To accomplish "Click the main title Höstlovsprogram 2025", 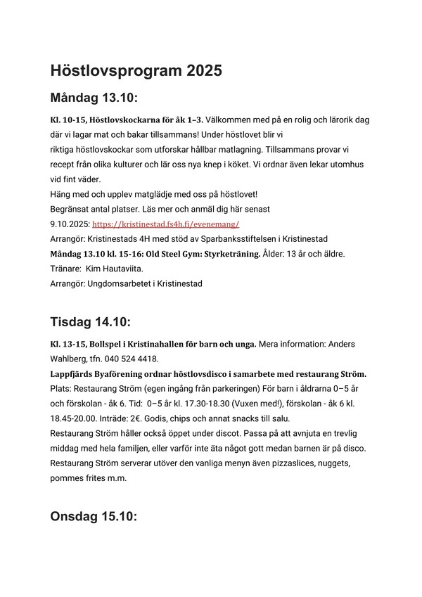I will point(136,70).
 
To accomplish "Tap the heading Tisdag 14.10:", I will point(91,322).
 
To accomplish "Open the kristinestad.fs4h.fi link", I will point(166,224).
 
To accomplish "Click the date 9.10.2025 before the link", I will point(70,224).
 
